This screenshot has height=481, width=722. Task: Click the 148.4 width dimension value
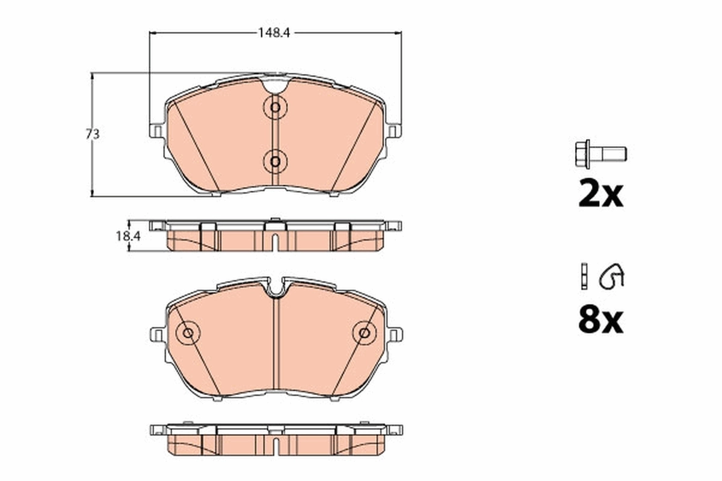(276, 34)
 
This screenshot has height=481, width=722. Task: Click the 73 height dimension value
(92, 135)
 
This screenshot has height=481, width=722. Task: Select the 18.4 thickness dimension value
(128, 236)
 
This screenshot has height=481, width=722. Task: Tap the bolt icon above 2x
(599, 154)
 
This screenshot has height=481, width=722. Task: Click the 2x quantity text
(600, 194)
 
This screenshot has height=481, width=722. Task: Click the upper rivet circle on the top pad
(275, 108)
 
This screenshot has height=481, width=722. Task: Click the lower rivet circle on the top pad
(275, 161)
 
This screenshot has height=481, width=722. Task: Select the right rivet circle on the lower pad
(363, 332)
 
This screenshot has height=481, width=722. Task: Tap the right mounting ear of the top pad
(394, 131)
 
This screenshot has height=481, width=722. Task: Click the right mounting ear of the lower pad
(395, 334)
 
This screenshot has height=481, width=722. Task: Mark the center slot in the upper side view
(274, 242)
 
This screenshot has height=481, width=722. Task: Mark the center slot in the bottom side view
(275, 446)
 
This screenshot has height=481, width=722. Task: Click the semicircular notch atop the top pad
(275, 85)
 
